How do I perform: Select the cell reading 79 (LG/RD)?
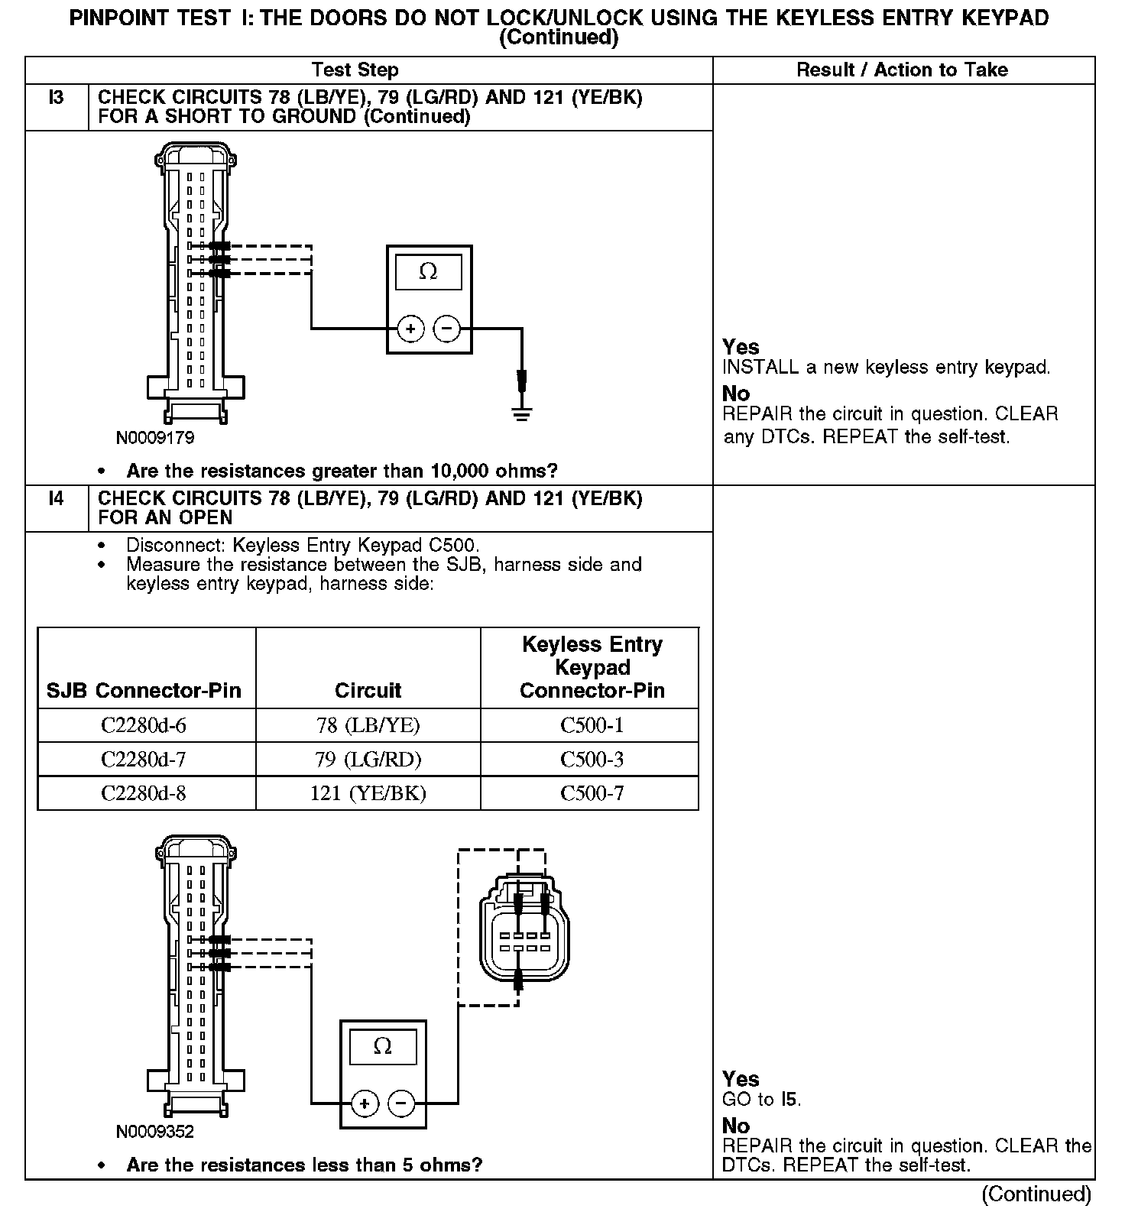coord(368,760)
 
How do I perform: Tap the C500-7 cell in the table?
coord(592,793)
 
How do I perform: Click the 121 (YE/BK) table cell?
coord(368,793)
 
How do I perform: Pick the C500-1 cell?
coord(592,725)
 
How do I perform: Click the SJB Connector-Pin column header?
coord(144,691)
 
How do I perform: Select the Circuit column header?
coord(368,691)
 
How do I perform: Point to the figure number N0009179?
coord(155,439)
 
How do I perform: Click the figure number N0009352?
coord(155,1132)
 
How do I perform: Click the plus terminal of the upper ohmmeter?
coord(410,329)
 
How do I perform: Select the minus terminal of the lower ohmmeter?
coord(401,1103)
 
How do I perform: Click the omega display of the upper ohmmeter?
coord(428,272)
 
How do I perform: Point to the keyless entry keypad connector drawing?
coord(524,929)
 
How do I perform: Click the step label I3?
coord(57,98)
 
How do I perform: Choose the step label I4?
coord(57,499)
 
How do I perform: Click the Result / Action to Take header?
coord(902,70)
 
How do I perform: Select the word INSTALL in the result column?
coord(760,368)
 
